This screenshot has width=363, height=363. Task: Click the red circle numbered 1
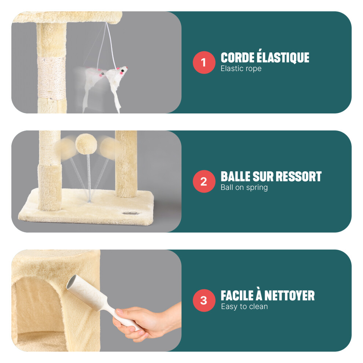coord(204,62)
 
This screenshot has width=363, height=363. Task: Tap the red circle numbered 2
coord(204,181)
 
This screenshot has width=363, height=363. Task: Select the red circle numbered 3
coord(204,301)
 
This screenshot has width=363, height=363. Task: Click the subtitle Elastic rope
coord(241,69)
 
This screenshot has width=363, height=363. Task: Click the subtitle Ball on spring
coord(244,187)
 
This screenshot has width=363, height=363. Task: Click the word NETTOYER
coord(289,296)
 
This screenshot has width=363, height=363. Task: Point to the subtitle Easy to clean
coord(244,307)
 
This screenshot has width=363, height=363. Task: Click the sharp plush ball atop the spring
coord(87,143)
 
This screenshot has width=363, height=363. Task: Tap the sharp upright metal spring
coord(88,177)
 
